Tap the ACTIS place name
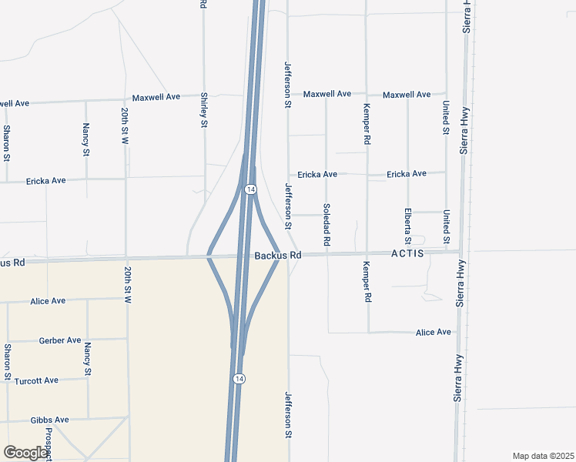[407, 253]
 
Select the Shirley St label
[204, 111]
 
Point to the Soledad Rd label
[327, 225]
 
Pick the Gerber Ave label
[60, 340]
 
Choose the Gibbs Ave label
[50, 420]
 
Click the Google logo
[26, 453]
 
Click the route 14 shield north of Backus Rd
[251, 189]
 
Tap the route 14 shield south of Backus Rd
[239, 379]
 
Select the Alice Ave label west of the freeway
[48, 301]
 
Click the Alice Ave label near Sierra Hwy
[433, 333]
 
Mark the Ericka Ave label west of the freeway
[46, 181]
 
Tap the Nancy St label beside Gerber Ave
[88, 359]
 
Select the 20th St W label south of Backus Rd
[127, 286]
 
